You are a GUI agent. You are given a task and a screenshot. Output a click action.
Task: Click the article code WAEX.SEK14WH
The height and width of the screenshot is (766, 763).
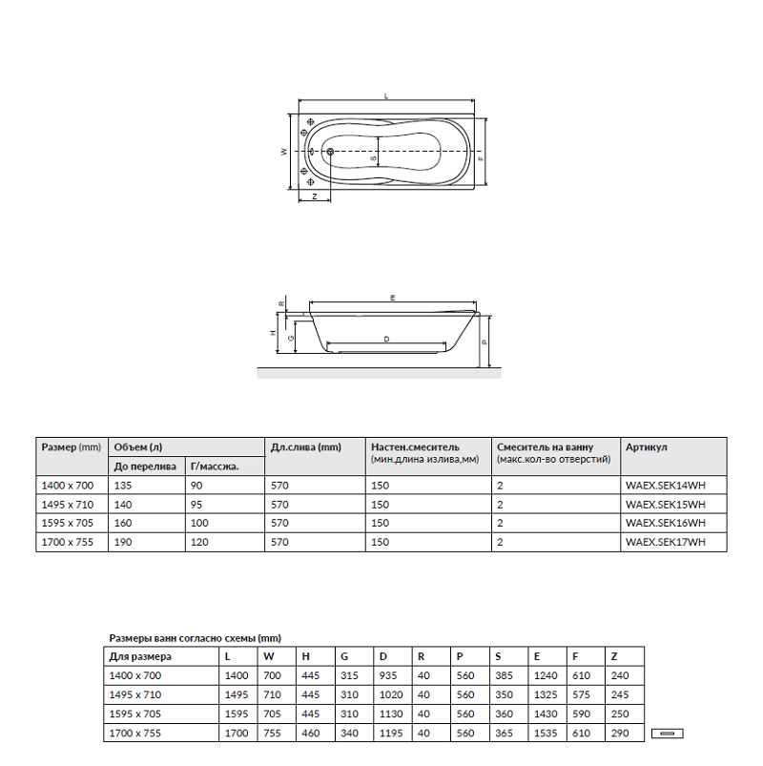point(666,486)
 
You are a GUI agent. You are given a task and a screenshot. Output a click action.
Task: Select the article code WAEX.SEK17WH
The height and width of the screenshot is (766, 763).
point(666,542)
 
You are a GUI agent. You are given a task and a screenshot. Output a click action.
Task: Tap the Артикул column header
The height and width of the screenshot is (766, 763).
point(646,447)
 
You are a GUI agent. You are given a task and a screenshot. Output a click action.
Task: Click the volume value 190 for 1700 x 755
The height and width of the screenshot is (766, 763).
point(123,542)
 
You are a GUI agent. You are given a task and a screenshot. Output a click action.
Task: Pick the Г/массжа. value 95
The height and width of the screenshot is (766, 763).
point(196,505)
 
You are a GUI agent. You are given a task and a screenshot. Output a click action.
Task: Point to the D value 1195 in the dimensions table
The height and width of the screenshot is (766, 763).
point(391,734)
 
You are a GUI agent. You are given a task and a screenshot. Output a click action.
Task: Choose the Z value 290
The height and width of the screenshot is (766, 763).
point(620,734)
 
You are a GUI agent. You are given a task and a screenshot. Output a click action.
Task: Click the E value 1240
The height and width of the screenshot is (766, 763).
point(546,675)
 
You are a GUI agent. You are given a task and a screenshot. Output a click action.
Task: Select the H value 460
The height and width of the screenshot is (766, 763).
point(311,734)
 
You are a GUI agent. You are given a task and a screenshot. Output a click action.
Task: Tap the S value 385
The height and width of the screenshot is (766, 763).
point(504,675)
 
